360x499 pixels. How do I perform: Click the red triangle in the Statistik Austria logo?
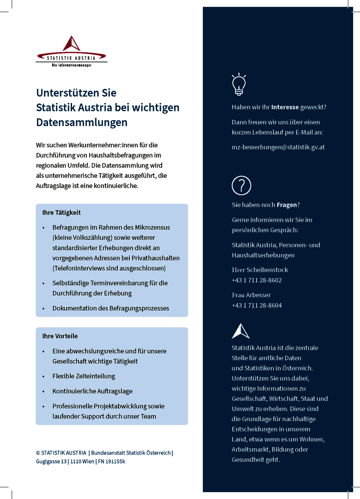(x=72, y=44)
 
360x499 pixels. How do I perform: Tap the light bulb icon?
(x=238, y=85)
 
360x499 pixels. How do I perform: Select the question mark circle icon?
(x=241, y=185)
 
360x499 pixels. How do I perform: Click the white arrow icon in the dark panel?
(x=240, y=331)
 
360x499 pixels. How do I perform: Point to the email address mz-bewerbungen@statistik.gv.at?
(x=278, y=147)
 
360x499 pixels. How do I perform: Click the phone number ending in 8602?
(x=256, y=280)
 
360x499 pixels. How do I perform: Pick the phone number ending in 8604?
(x=256, y=305)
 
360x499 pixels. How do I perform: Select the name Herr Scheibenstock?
(x=260, y=270)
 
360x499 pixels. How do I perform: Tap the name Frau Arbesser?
(x=251, y=295)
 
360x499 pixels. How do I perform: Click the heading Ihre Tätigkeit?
(x=61, y=213)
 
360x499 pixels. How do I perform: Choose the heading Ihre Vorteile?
(x=60, y=336)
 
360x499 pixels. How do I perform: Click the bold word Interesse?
(x=285, y=107)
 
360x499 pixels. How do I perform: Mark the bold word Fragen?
(x=287, y=205)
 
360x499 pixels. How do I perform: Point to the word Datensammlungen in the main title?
(x=82, y=122)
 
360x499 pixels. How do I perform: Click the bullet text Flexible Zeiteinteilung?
(x=84, y=376)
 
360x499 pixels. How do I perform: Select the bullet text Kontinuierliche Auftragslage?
(x=92, y=391)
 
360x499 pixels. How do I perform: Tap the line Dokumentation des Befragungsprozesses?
(x=110, y=308)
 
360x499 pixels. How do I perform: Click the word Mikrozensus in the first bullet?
(x=153, y=227)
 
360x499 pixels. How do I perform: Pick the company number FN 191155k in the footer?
(x=111, y=462)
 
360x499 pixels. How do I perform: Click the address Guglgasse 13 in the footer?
(x=51, y=462)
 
